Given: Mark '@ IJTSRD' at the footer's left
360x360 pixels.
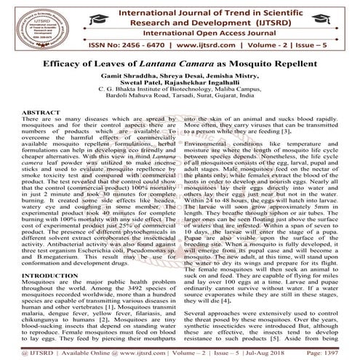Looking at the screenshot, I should pyautogui.click(x=20, y=351).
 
